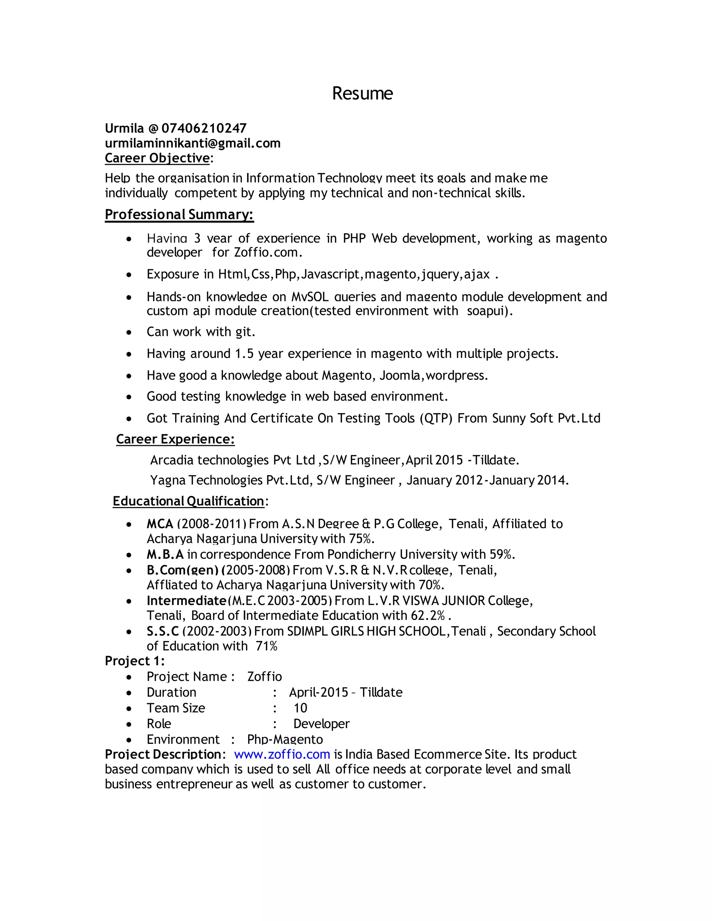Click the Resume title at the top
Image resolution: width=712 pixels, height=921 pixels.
pyautogui.click(x=362, y=93)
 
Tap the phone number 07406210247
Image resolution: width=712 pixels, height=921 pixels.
pyautogui.click(x=204, y=128)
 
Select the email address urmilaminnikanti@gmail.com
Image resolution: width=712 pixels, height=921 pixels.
pyautogui.click(x=192, y=144)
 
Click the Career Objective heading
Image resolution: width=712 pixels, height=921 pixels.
pyautogui.click(x=157, y=158)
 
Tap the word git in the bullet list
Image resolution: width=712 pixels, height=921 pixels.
pyautogui.click(x=243, y=332)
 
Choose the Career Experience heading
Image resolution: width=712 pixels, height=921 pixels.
pyautogui.click(x=175, y=439)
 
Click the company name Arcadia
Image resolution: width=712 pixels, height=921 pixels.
pyautogui.click(x=172, y=460)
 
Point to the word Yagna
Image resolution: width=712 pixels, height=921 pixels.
pyautogui.click(x=168, y=480)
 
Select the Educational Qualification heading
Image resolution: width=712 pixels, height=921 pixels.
pyautogui.click(x=188, y=502)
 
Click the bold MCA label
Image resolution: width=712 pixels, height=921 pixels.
pyautogui.click(x=160, y=524)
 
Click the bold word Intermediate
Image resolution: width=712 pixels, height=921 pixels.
pyautogui.click(x=186, y=601)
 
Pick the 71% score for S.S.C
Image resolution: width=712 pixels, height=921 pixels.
pyautogui.click(x=266, y=646)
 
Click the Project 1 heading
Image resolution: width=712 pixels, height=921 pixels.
pyautogui.click(x=134, y=661)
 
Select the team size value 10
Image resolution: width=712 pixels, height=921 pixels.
pyautogui.click(x=300, y=708)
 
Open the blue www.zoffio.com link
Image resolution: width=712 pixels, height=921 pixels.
pyautogui.click(x=282, y=755)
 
